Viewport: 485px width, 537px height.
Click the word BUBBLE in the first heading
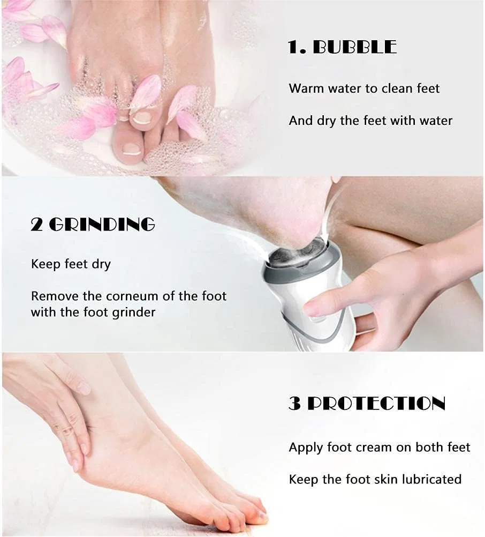(x=355, y=47)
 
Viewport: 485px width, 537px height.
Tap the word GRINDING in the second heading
(x=102, y=225)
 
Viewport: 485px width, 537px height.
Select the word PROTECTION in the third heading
(x=376, y=403)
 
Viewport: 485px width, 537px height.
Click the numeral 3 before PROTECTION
(x=295, y=403)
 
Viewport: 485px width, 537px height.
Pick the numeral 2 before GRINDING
(x=37, y=225)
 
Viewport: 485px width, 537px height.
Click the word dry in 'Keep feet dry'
(x=101, y=264)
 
